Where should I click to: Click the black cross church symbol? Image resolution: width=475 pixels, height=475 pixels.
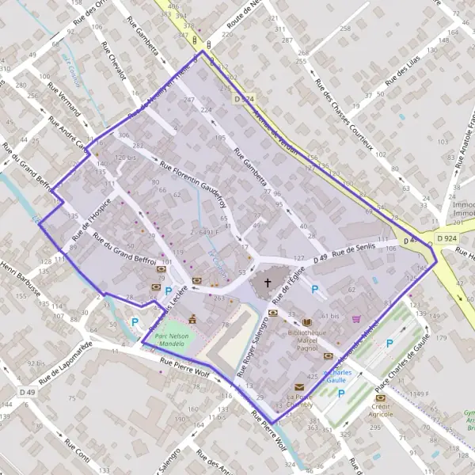(x=267, y=283)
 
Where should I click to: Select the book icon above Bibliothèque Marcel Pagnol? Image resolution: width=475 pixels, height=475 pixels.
(x=306, y=322)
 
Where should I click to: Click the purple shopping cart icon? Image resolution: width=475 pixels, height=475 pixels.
(x=356, y=319)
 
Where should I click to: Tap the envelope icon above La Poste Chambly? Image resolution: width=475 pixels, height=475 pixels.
(x=299, y=386)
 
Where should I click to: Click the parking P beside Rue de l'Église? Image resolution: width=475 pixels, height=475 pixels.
(x=315, y=291)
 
